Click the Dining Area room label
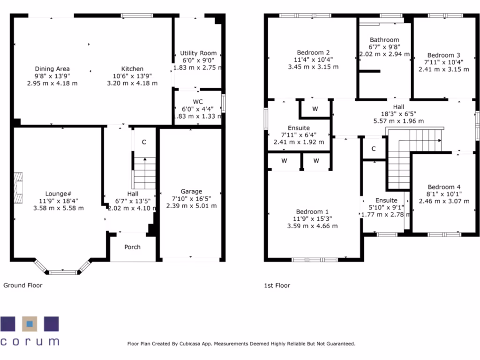point(52,69)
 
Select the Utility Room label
point(198,53)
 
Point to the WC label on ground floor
point(198,102)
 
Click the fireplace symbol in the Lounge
point(18,188)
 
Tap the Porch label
point(132,247)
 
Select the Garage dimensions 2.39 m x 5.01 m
point(191,206)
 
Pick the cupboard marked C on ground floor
point(144,142)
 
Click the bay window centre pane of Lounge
point(63,272)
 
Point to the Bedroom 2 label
point(313,52)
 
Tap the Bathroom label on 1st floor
point(384,40)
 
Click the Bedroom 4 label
point(441,187)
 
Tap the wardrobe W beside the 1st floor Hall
point(315,109)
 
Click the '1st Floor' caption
point(277,285)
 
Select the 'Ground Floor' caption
point(23,285)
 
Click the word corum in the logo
point(30,341)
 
